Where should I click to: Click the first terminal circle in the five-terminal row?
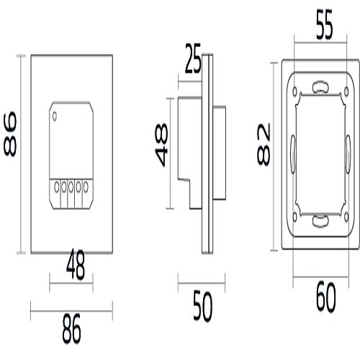[56, 189]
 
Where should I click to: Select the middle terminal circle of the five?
[71, 189]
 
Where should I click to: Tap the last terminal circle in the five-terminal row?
[86, 189]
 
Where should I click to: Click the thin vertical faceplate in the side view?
[208, 155]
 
